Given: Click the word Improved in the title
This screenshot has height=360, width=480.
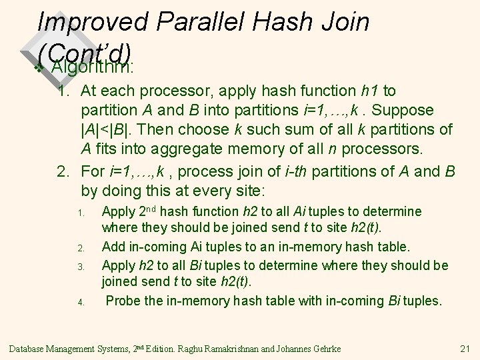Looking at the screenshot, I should pos(93,21).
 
